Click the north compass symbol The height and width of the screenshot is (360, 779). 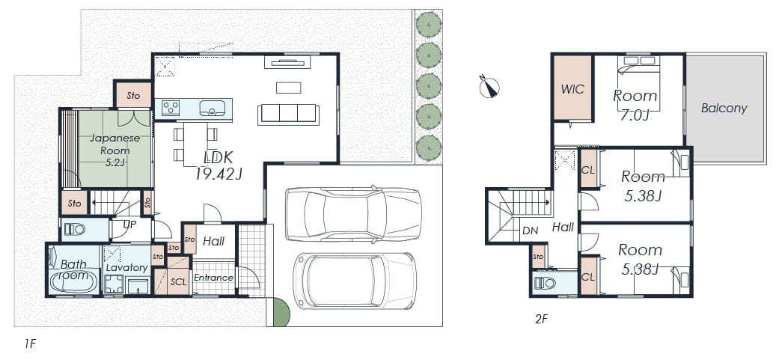489,88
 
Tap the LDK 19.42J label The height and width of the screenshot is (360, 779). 218,165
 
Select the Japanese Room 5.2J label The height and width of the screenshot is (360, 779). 110,150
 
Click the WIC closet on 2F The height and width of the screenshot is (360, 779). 572,88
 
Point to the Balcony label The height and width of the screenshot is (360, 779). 724,109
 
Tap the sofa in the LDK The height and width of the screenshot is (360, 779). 288,115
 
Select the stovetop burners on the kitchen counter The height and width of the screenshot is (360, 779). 171,108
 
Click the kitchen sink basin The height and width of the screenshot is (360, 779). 213,107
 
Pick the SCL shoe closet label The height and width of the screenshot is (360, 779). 178,281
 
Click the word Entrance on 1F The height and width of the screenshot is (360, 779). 213,278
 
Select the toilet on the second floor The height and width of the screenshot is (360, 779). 546,284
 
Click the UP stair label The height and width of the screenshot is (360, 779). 129,225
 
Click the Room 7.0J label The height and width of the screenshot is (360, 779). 635,104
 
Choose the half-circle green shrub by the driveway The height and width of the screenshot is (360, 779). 281,313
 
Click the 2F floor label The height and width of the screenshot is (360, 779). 541,320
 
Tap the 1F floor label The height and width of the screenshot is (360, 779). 30,343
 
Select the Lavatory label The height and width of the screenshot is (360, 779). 127,268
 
